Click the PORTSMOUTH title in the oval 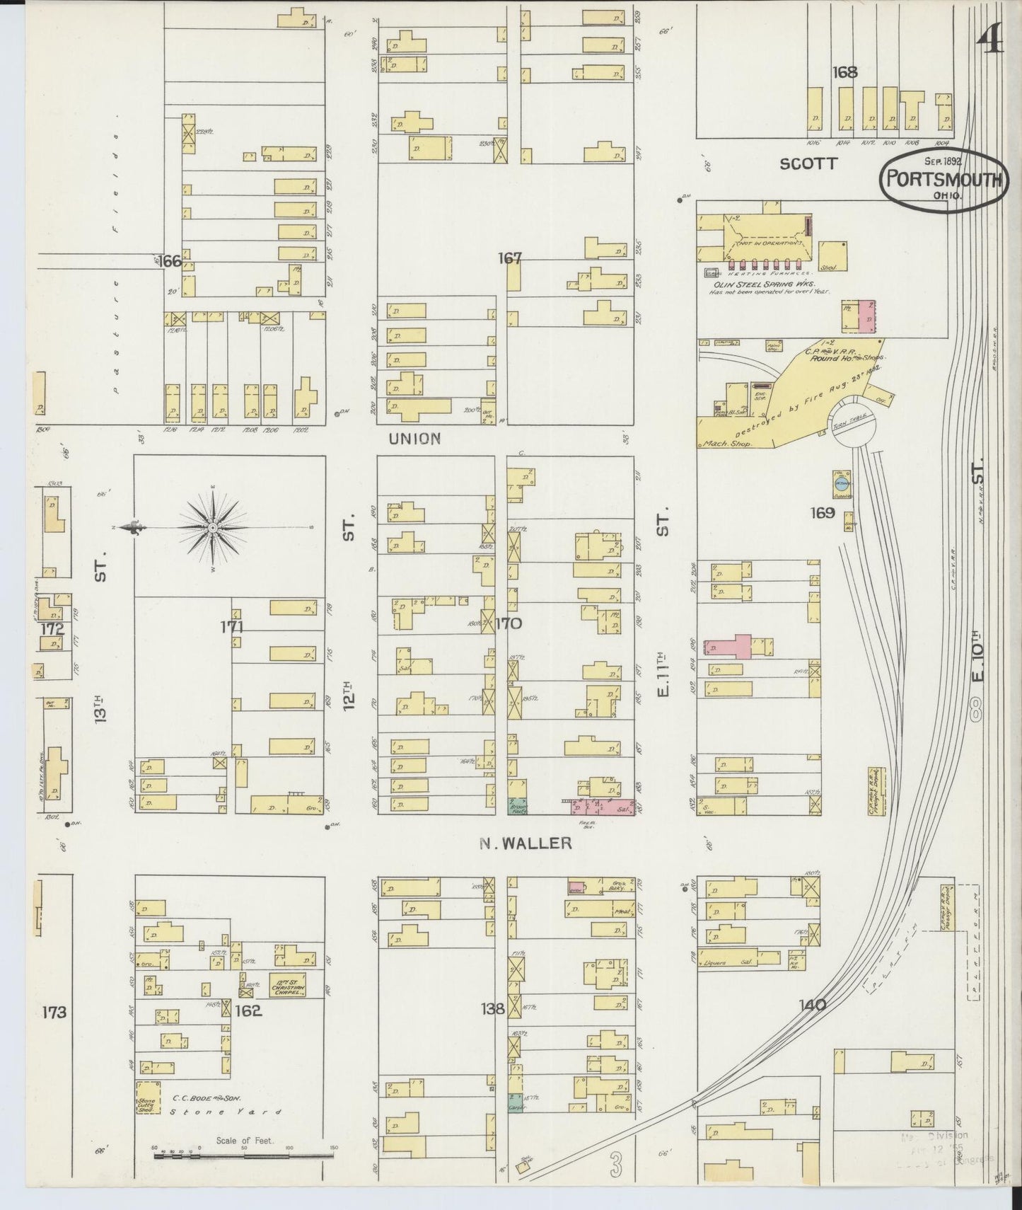pyautogui.click(x=943, y=180)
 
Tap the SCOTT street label pyautogui.click(x=808, y=163)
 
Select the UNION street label pyautogui.click(x=414, y=439)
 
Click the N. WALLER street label pyautogui.click(x=525, y=843)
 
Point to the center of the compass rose pyautogui.click(x=212, y=529)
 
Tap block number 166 pyautogui.click(x=170, y=261)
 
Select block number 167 pyautogui.click(x=509, y=258)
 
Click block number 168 pyautogui.click(x=844, y=72)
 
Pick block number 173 pyautogui.click(x=54, y=1012)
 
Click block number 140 pyautogui.click(x=812, y=1004)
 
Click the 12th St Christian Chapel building pyautogui.click(x=287, y=985)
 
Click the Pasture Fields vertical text pyautogui.click(x=116, y=262)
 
